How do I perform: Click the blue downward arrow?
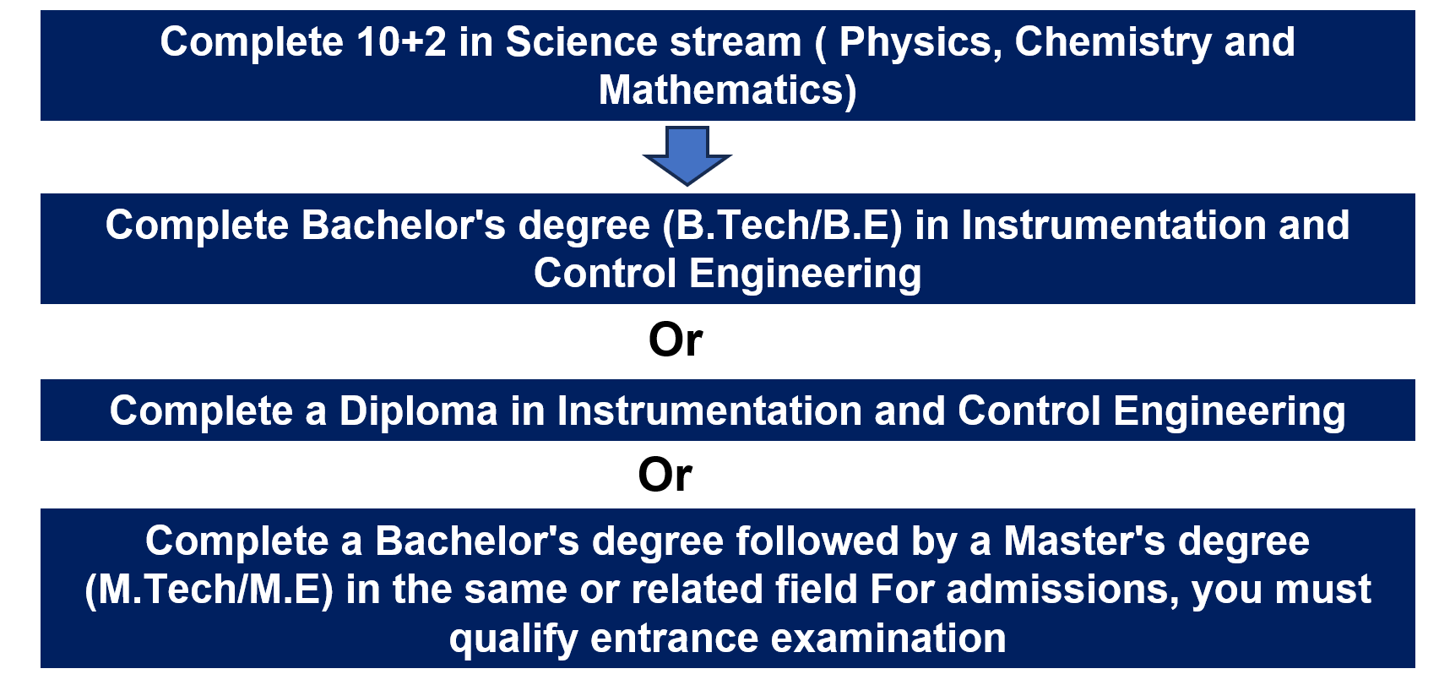[687, 155]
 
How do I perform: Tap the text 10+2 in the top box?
[401, 42]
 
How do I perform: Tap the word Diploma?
[418, 412]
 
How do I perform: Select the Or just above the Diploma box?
[676, 340]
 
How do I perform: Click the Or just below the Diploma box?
[665, 476]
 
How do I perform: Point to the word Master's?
[1084, 541]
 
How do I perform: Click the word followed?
[817, 541]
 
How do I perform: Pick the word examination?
[888, 639]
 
